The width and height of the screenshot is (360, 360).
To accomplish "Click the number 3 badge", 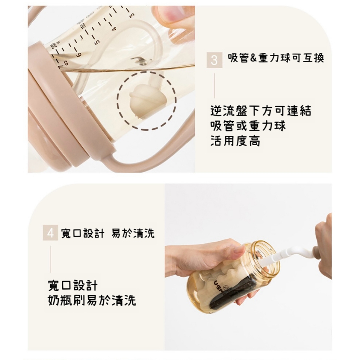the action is click(214, 60).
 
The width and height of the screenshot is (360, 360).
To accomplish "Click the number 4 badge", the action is click(50, 233).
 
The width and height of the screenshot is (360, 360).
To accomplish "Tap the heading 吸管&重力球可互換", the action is click(276, 58).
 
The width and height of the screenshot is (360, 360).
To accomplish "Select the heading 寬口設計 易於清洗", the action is click(108, 233).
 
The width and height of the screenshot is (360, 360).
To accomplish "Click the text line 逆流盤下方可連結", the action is click(261, 111).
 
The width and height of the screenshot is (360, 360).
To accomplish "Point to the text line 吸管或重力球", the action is click(248, 126).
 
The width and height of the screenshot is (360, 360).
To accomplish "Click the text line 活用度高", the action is click(235, 141).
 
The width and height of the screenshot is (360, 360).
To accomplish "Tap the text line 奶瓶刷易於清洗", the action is click(92, 300).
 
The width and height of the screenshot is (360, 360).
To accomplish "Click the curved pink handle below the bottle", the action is click(138, 162).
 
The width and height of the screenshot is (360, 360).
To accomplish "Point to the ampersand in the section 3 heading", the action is click(253, 58).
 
